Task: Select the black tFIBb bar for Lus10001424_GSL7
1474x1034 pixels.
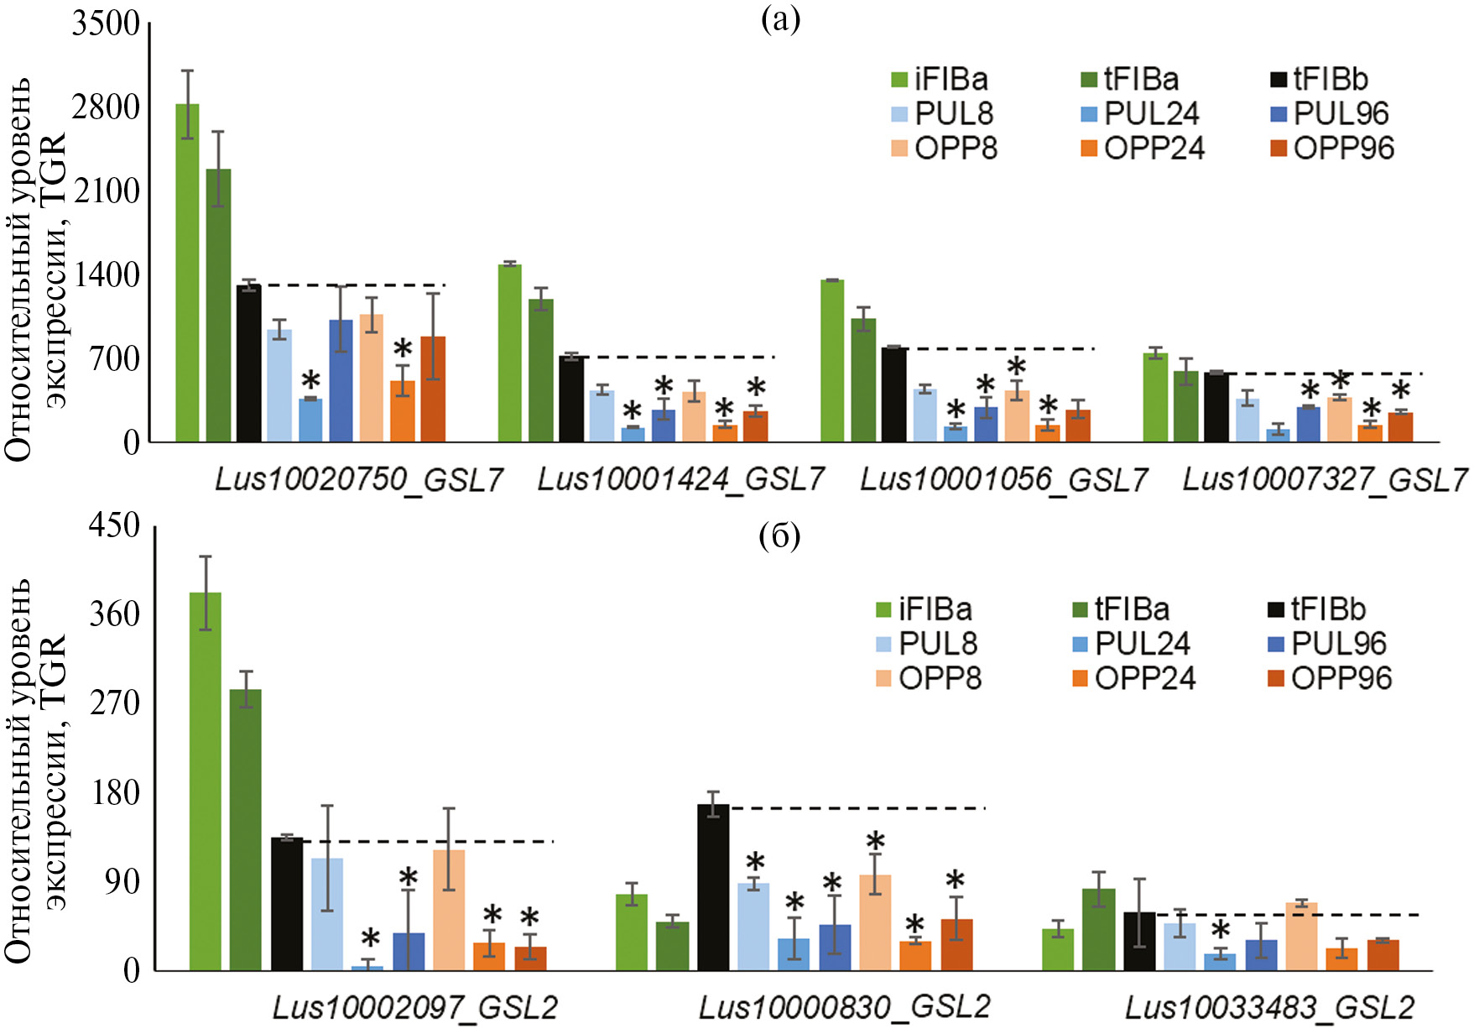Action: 571,399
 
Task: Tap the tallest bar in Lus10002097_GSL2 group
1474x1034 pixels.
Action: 205,781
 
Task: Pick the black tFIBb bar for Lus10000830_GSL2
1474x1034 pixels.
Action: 713,887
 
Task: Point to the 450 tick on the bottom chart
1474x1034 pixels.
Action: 115,526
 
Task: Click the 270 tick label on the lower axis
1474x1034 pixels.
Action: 115,702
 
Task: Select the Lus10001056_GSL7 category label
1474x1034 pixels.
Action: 1003,479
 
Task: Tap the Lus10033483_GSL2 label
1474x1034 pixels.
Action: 1269,1007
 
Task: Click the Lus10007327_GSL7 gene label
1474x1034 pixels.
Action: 1325,479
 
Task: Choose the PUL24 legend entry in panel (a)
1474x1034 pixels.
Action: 1140,113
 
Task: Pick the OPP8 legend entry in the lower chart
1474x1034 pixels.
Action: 929,678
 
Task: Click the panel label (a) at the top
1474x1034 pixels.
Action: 780,18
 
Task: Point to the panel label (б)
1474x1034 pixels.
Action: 779,536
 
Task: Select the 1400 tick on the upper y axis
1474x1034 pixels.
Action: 107,274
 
